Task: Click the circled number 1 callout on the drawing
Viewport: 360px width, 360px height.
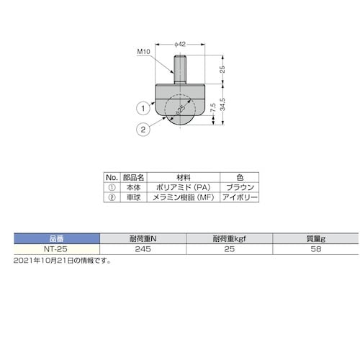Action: pyautogui.click(x=143, y=109)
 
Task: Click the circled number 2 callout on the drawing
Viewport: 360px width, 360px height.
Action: pyautogui.click(x=143, y=130)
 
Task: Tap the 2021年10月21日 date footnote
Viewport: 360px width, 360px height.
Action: pyautogui.click(x=61, y=259)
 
